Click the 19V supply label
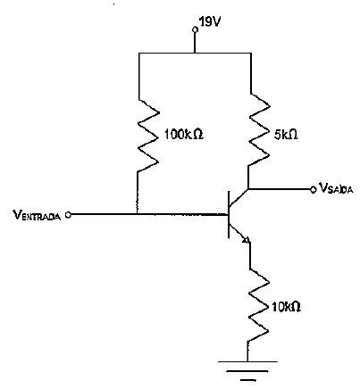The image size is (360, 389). pyautogui.click(x=210, y=21)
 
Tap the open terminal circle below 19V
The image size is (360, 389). pyautogui.click(x=195, y=29)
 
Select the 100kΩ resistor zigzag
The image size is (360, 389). pyautogui.click(x=148, y=136)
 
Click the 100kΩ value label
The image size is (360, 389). pyautogui.click(x=184, y=135)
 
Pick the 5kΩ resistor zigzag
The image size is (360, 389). pyautogui.click(x=259, y=129)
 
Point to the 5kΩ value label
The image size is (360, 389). pyautogui.click(x=285, y=136)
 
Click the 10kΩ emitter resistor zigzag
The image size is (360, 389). pyautogui.click(x=258, y=305)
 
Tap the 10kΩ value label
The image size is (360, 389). pyautogui.click(x=286, y=307)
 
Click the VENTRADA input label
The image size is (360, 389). pyautogui.click(x=37, y=215)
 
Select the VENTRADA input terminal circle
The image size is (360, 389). pyautogui.click(x=68, y=214)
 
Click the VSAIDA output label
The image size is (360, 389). pyautogui.click(x=336, y=188)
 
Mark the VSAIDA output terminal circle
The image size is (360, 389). pyautogui.click(x=313, y=189)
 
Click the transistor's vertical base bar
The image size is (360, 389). pyautogui.click(x=229, y=214)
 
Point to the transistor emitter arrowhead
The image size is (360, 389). pyautogui.click(x=246, y=239)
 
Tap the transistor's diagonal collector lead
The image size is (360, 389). pyautogui.click(x=239, y=198)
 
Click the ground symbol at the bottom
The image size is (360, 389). pyautogui.click(x=247, y=370)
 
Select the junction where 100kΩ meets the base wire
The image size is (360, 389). pyautogui.click(x=137, y=213)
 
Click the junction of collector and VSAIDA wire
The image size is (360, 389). pyautogui.click(x=248, y=189)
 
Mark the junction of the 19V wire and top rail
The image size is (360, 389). pyautogui.click(x=195, y=54)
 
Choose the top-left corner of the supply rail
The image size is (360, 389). pyautogui.click(x=139, y=54)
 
